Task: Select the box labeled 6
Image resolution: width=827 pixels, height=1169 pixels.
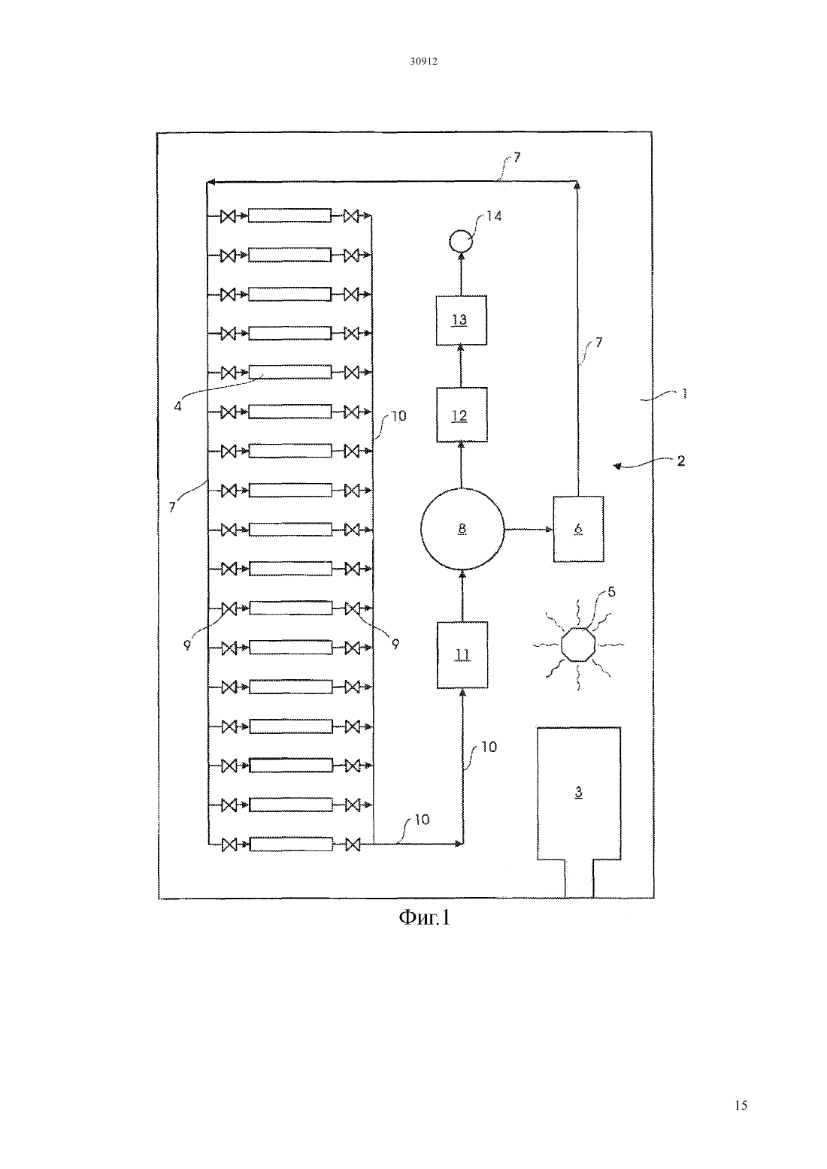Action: click(x=578, y=529)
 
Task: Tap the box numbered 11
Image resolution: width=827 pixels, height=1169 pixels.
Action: click(x=462, y=654)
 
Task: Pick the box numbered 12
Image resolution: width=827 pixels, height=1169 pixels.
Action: click(x=462, y=415)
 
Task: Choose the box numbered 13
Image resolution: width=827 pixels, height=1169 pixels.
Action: click(x=462, y=320)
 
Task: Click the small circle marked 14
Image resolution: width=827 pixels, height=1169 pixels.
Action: click(x=461, y=242)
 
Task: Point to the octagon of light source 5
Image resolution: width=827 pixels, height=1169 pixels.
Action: click(x=578, y=645)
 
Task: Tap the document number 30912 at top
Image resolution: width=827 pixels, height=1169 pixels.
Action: click(x=423, y=61)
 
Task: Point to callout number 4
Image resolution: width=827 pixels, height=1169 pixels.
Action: click(x=177, y=406)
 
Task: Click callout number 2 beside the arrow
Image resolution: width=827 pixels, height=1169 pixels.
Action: click(x=681, y=461)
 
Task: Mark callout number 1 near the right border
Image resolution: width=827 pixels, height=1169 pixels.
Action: click(x=684, y=394)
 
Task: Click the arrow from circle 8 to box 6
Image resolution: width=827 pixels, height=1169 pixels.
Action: click(x=529, y=529)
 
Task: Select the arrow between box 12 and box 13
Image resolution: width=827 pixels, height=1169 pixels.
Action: click(x=461, y=367)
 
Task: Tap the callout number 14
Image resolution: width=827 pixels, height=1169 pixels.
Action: click(x=494, y=216)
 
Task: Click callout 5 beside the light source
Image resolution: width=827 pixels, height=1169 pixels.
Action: click(x=611, y=592)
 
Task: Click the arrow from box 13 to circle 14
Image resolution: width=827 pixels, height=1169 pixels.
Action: click(x=461, y=274)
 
